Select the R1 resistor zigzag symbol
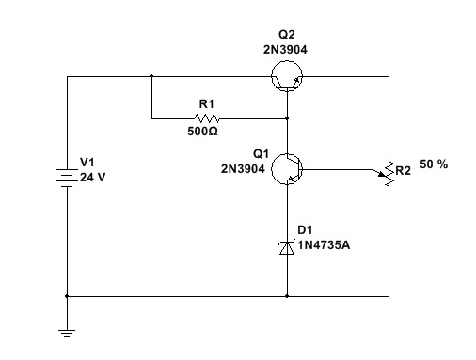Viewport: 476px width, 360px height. [x=205, y=118]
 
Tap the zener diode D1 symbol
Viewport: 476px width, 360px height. [x=287, y=246]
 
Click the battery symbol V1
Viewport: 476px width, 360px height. [x=68, y=176]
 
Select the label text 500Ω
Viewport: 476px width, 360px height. [x=203, y=132]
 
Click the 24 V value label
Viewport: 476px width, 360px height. [x=93, y=177]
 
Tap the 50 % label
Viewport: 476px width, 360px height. [x=434, y=164]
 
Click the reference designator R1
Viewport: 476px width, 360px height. [x=205, y=104]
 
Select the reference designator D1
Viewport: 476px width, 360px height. [x=305, y=229]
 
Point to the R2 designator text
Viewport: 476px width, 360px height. [x=404, y=171]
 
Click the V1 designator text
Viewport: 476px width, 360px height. [x=87, y=163]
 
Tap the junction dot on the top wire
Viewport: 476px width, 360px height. [x=151, y=77]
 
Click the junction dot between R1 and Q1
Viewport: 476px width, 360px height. [x=287, y=119]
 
